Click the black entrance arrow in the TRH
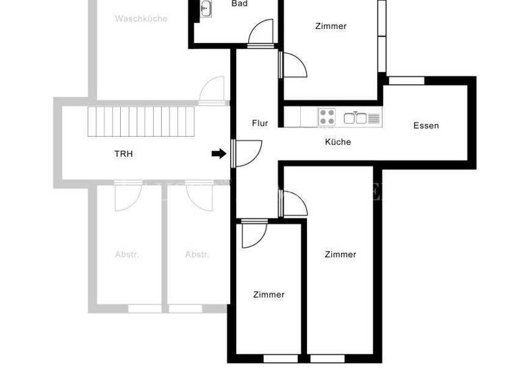219,153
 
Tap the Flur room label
260,123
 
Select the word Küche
338,142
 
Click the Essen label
426,126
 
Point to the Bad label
239,4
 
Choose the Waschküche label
141,19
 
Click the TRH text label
123,154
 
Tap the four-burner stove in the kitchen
327,117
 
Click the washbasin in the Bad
206,8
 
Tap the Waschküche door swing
213,90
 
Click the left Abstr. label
127,255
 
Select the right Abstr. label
198,255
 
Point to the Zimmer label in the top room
331,27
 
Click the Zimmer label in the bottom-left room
269,295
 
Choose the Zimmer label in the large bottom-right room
341,254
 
